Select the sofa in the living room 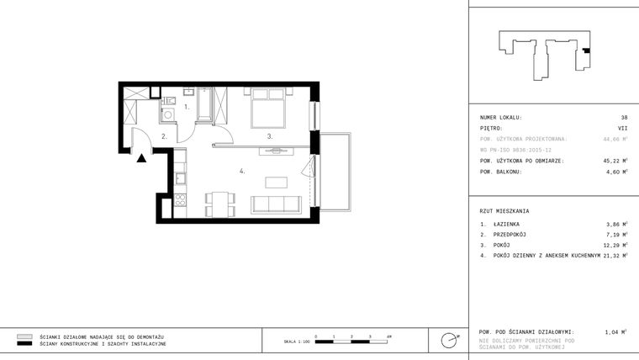tap(277, 203)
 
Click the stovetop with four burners tap(180, 200)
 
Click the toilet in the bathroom tap(190, 93)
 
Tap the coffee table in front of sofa tap(276, 182)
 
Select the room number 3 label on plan tap(269, 135)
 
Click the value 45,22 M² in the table tap(615, 160)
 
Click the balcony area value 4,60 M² tap(617, 171)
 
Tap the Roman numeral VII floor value tap(622, 128)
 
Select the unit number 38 tap(624, 118)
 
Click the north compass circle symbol tap(450, 340)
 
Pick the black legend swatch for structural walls tap(24, 344)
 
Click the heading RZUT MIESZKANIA tap(504, 210)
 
